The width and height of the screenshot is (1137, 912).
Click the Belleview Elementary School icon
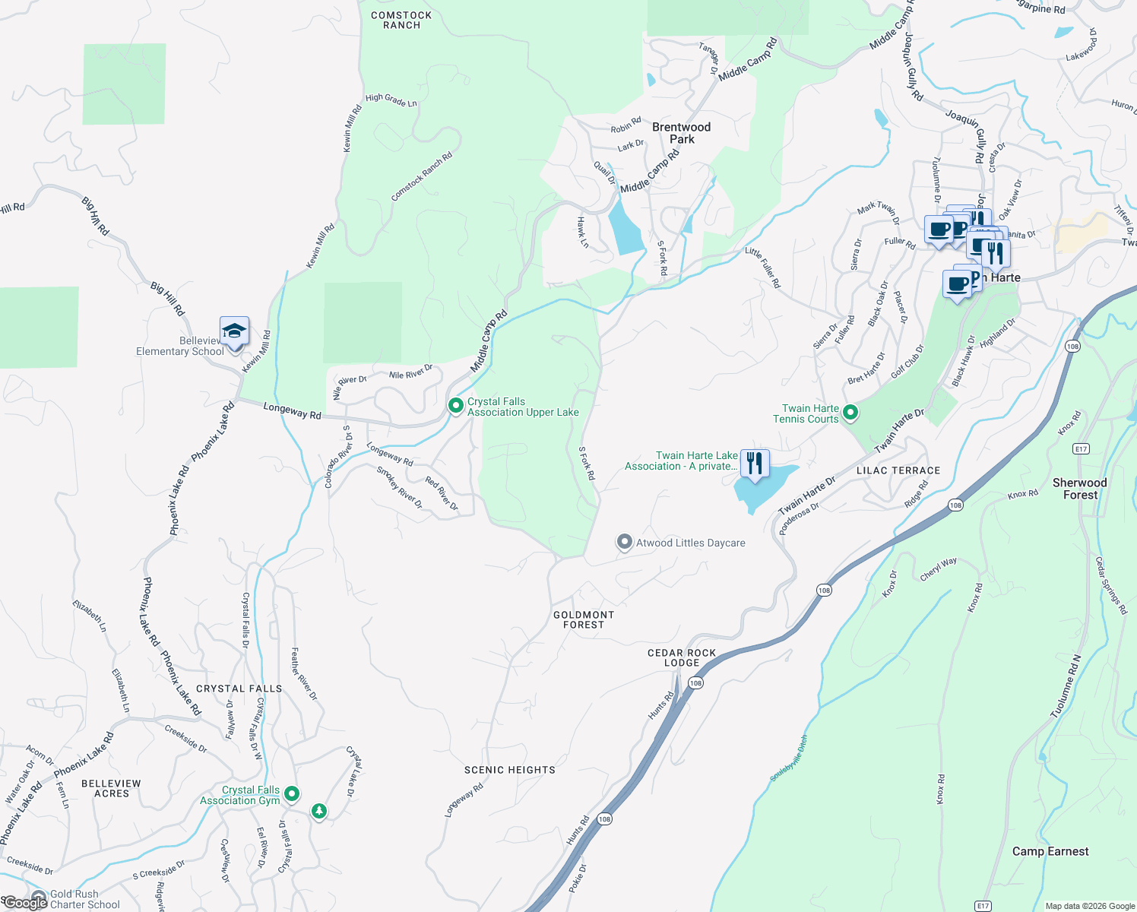point(234,332)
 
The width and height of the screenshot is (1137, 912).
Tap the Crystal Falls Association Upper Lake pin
point(455,406)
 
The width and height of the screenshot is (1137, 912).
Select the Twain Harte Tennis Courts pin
point(850,413)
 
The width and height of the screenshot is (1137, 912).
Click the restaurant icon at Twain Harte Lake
point(754,464)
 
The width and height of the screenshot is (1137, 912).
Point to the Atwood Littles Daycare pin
point(624,542)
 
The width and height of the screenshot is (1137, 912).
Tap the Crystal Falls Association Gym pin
point(292,794)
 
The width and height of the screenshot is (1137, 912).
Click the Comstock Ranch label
point(401,21)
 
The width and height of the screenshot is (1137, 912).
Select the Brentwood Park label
point(681,133)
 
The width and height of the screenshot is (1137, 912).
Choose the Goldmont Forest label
point(584,620)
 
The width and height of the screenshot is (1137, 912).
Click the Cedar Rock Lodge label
point(682,658)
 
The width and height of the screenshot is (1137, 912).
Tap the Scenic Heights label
point(510,770)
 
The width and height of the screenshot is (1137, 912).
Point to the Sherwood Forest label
point(1079,489)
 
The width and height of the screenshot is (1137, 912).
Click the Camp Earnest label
point(1050,851)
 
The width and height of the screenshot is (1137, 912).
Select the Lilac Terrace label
point(898,470)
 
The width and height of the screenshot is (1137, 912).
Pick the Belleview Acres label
point(111,788)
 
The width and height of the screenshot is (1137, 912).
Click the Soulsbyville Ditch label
point(789,758)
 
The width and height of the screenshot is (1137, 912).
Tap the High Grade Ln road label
point(391,100)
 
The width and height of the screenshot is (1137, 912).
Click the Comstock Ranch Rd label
point(422,176)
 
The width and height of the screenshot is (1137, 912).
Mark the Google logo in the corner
point(24,903)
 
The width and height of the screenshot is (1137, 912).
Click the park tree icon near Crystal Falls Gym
point(319,812)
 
